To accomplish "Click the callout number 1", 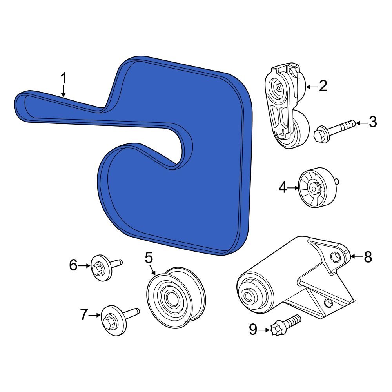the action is tap(64, 78).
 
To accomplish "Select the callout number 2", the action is tap(323, 86).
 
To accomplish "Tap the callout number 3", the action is tap(372, 122).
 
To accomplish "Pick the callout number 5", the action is tap(149, 258).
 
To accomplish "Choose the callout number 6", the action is tap(73, 265).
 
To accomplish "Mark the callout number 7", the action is tap(84, 314).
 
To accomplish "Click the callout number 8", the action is tap(368, 257).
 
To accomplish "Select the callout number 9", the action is tap(253, 329).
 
